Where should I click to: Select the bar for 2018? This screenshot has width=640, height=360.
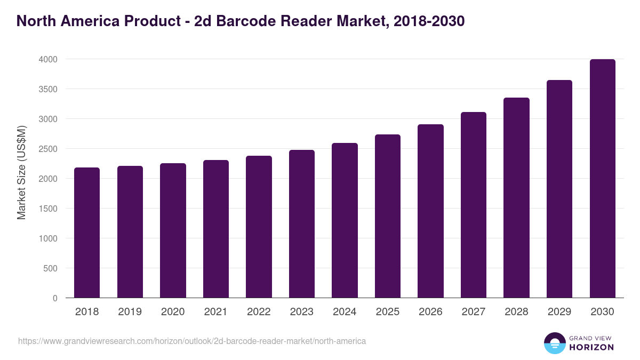[x=87, y=233]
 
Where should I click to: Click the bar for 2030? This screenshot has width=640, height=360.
[x=602, y=179]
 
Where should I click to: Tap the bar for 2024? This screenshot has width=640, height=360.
[x=345, y=220]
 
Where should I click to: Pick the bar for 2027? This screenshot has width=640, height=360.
[x=473, y=205]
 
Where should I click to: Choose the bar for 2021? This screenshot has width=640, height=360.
[x=216, y=229]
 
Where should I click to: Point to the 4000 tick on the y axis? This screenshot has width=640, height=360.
[x=48, y=59]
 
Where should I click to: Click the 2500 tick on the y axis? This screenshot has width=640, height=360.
[x=48, y=149]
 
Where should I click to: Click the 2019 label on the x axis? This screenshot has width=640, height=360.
[x=130, y=312]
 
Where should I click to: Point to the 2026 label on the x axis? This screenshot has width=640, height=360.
[x=430, y=312]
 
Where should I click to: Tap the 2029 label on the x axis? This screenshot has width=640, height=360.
[x=559, y=312]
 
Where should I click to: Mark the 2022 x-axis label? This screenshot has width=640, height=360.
[x=259, y=312]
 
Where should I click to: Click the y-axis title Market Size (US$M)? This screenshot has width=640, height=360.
[x=22, y=173]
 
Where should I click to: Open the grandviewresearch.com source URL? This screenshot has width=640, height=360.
[x=192, y=341]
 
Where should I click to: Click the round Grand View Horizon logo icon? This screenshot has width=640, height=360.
[x=554, y=343]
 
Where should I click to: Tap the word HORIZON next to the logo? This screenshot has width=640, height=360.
[x=591, y=347]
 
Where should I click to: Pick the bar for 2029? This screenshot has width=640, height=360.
[x=559, y=189]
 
